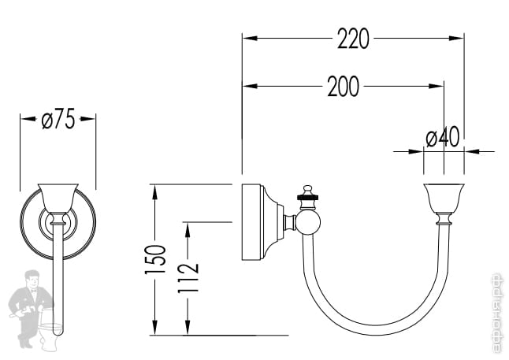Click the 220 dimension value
(353, 39)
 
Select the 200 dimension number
(343, 87)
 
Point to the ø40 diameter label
(442, 138)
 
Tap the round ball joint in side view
(307, 223)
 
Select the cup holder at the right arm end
(443, 198)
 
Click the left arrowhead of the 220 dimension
(247, 38)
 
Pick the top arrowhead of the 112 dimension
(187, 226)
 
